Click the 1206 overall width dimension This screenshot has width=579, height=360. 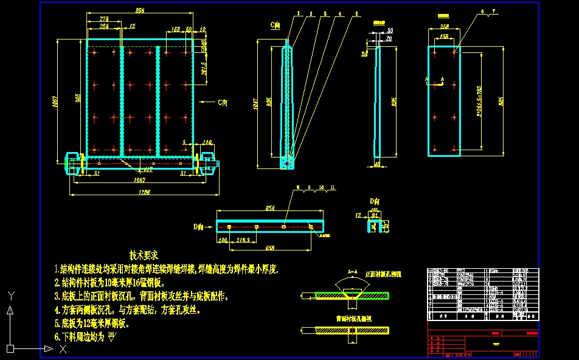[x=144, y=192]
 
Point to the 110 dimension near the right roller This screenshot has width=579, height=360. [x=207, y=142]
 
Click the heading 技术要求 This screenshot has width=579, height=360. [x=144, y=255]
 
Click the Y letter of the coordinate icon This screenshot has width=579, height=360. [x=10, y=296]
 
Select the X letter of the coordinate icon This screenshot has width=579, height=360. [x=62, y=349]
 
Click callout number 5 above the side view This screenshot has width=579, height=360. [x=356, y=13]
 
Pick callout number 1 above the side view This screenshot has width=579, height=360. [x=299, y=13]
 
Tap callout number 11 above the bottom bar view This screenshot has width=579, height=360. [x=333, y=187]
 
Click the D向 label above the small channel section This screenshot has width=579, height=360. [x=375, y=201]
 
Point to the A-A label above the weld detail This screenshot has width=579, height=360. [x=352, y=272]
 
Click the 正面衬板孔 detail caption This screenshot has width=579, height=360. [x=384, y=274]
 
